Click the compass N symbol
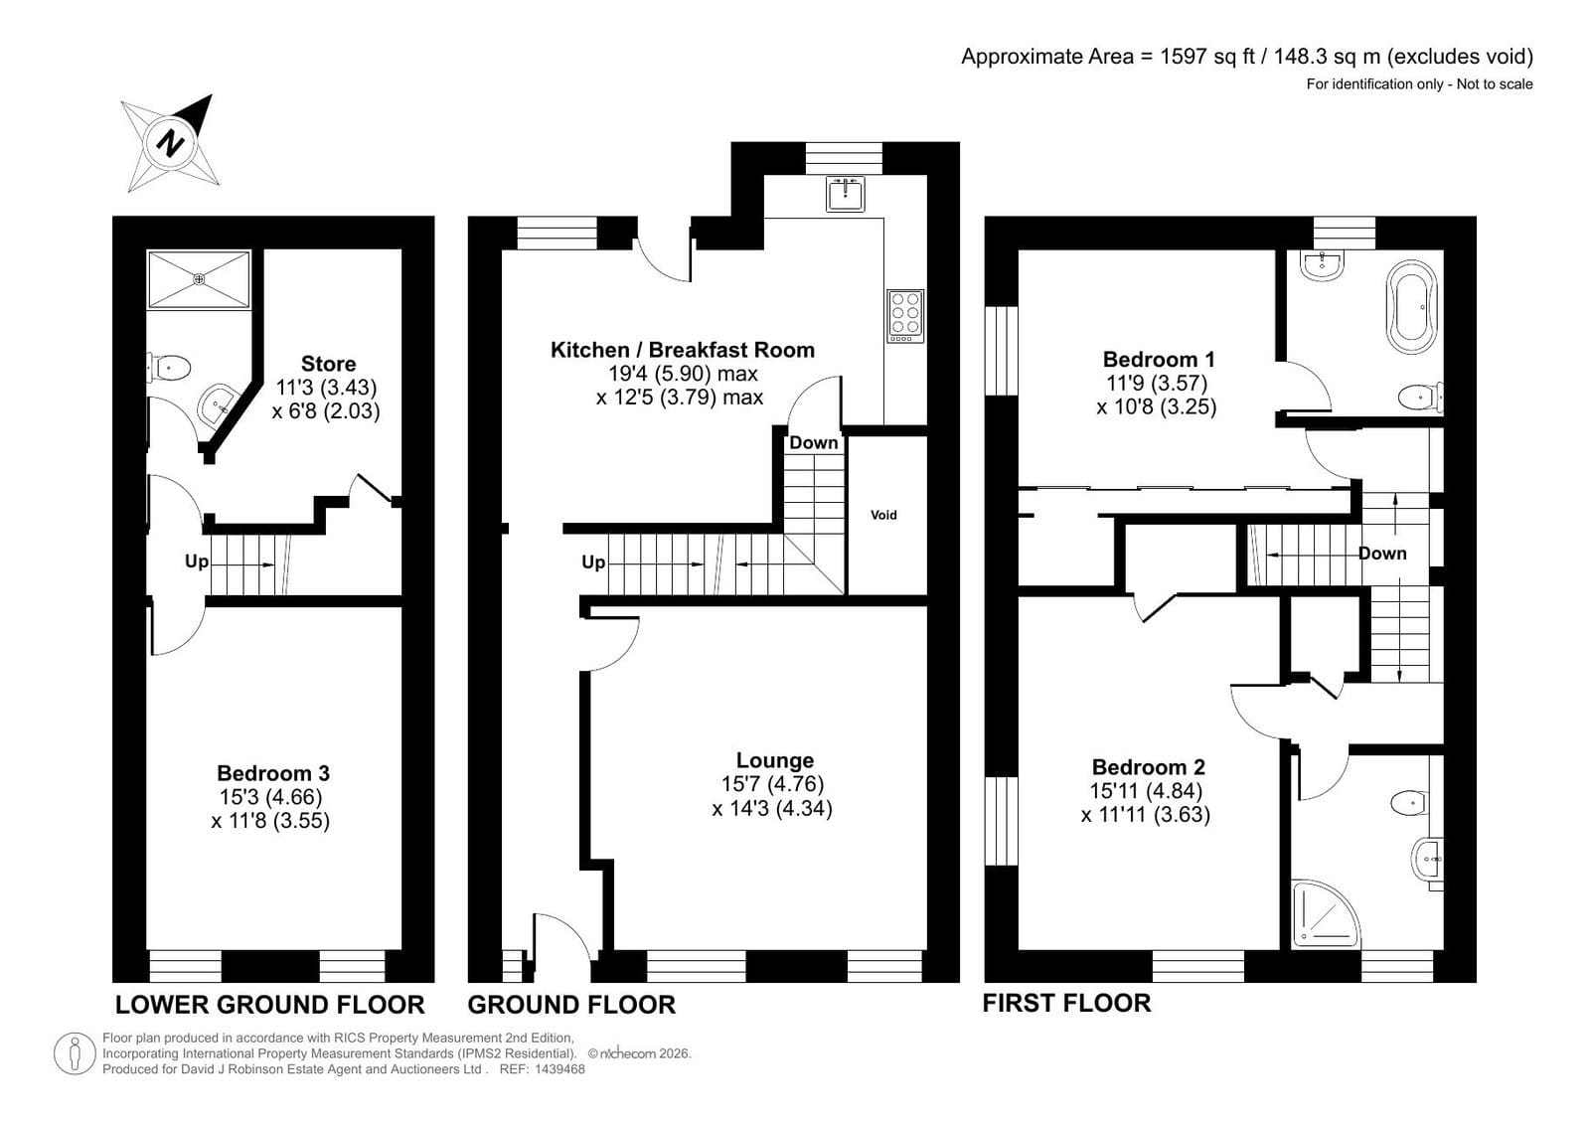pyautogui.click(x=170, y=144)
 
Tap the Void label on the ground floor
pyautogui.click(x=883, y=516)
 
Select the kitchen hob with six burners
pyautogui.click(x=905, y=316)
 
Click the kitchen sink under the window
pyautogui.click(x=845, y=194)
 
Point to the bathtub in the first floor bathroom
pyautogui.click(x=1412, y=307)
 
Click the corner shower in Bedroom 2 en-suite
pyautogui.click(x=1326, y=914)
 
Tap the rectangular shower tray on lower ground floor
pyautogui.click(x=200, y=279)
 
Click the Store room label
pyautogui.click(x=328, y=364)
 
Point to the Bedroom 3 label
pyautogui.click(x=273, y=773)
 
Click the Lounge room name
pyautogui.click(x=774, y=760)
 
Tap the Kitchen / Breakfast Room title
pyautogui.click(x=682, y=350)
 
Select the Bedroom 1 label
pyautogui.click(x=1159, y=359)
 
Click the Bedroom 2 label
pyautogui.click(x=1149, y=767)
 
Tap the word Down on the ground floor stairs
pyautogui.click(x=814, y=443)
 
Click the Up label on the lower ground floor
pyautogui.click(x=197, y=562)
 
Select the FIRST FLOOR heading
pyautogui.click(x=1066, y=1003)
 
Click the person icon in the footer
pyautogui.click(x=75, y=1053)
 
